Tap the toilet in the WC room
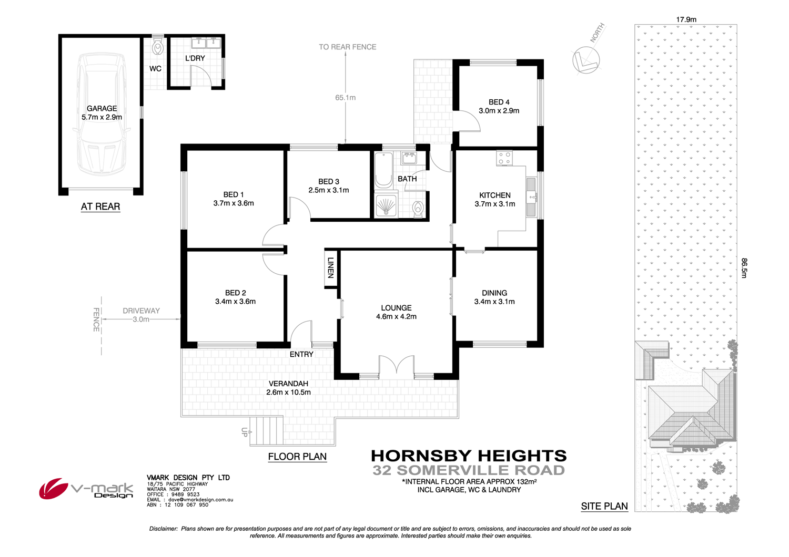[157, 48]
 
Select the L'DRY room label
[195, 58]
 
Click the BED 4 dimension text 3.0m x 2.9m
[499, 111]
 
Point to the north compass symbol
[585, 60]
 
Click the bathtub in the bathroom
[383, 170]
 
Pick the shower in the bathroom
[386, 205]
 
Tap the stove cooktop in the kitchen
[504, 158]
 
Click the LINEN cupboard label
[331, 267]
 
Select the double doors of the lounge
[397, 366]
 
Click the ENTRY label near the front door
[301, 355]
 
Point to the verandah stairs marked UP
[267, 431]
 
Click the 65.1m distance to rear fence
[346, 98]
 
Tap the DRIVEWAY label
[141, 311]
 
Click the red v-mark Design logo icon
[53, 488]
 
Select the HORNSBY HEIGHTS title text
[469, 456]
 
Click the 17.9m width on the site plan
[686, 19]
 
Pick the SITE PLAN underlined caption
[604, 507]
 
